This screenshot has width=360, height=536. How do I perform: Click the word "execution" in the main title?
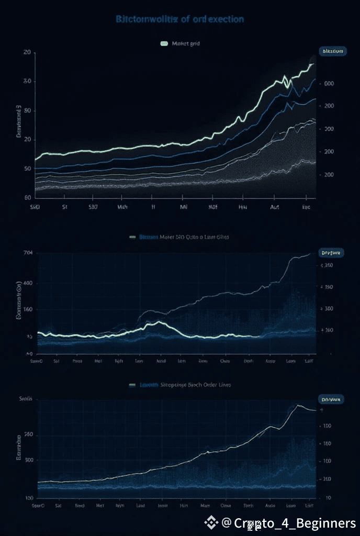223,19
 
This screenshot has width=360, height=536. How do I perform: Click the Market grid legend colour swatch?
164,44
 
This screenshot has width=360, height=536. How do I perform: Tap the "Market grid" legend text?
186,44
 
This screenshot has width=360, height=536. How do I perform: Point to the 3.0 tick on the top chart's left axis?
27,81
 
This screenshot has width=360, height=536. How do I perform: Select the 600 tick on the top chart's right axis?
329,83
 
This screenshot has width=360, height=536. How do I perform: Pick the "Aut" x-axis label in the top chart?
274,207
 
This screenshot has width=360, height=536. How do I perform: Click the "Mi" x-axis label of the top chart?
184,207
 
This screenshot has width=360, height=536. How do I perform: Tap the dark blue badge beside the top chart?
332,51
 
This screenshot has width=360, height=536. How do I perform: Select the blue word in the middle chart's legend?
148,237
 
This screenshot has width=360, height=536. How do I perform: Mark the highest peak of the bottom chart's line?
298,405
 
